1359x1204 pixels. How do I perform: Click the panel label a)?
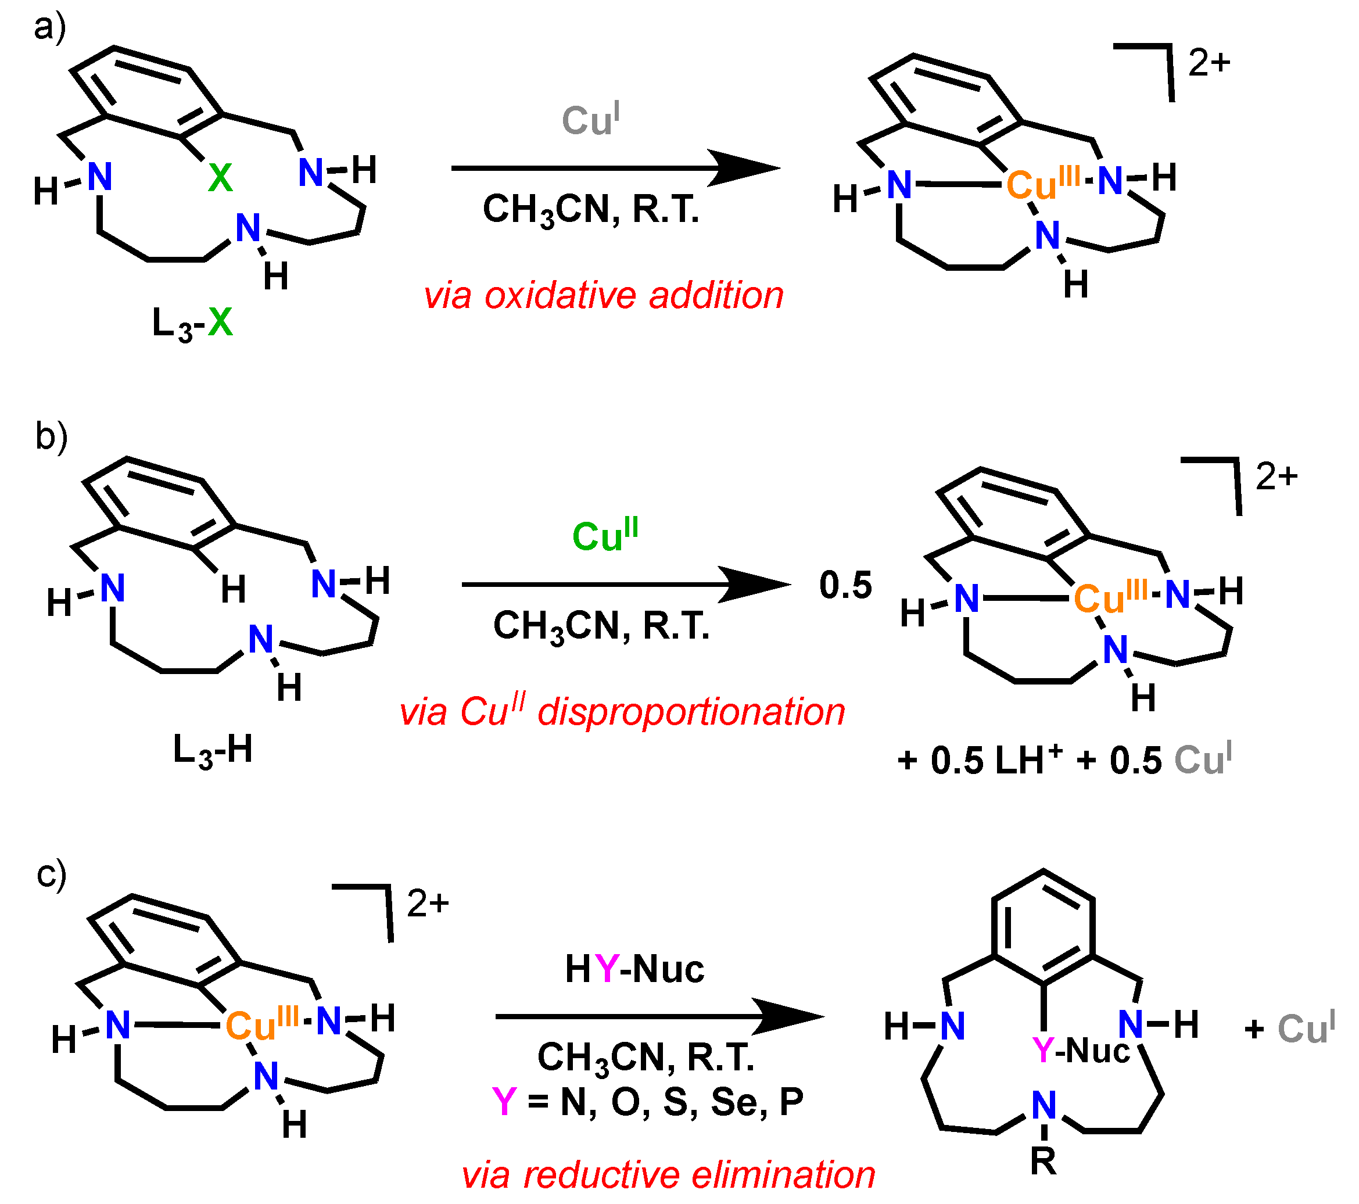click(50, 28)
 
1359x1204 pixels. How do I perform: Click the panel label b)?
click(51, 437)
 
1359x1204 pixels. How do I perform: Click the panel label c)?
click(51, 875)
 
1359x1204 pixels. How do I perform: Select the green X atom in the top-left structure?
click(220, 178)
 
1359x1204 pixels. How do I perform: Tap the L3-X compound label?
click(192, 324)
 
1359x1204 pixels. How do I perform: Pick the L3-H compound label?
click(213, 750)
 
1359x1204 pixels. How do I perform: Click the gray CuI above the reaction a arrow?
click(590, 120)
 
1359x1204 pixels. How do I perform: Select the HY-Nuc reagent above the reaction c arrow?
click(634, 969)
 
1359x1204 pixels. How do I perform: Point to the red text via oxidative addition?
click(604, 295)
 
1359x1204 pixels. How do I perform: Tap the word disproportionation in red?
click(691, 712)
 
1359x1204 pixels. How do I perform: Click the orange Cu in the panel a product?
click(1031, 185)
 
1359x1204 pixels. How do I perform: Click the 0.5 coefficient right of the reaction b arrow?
click(845, 586)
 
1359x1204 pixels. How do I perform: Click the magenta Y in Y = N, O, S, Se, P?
click(505, 1102)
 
